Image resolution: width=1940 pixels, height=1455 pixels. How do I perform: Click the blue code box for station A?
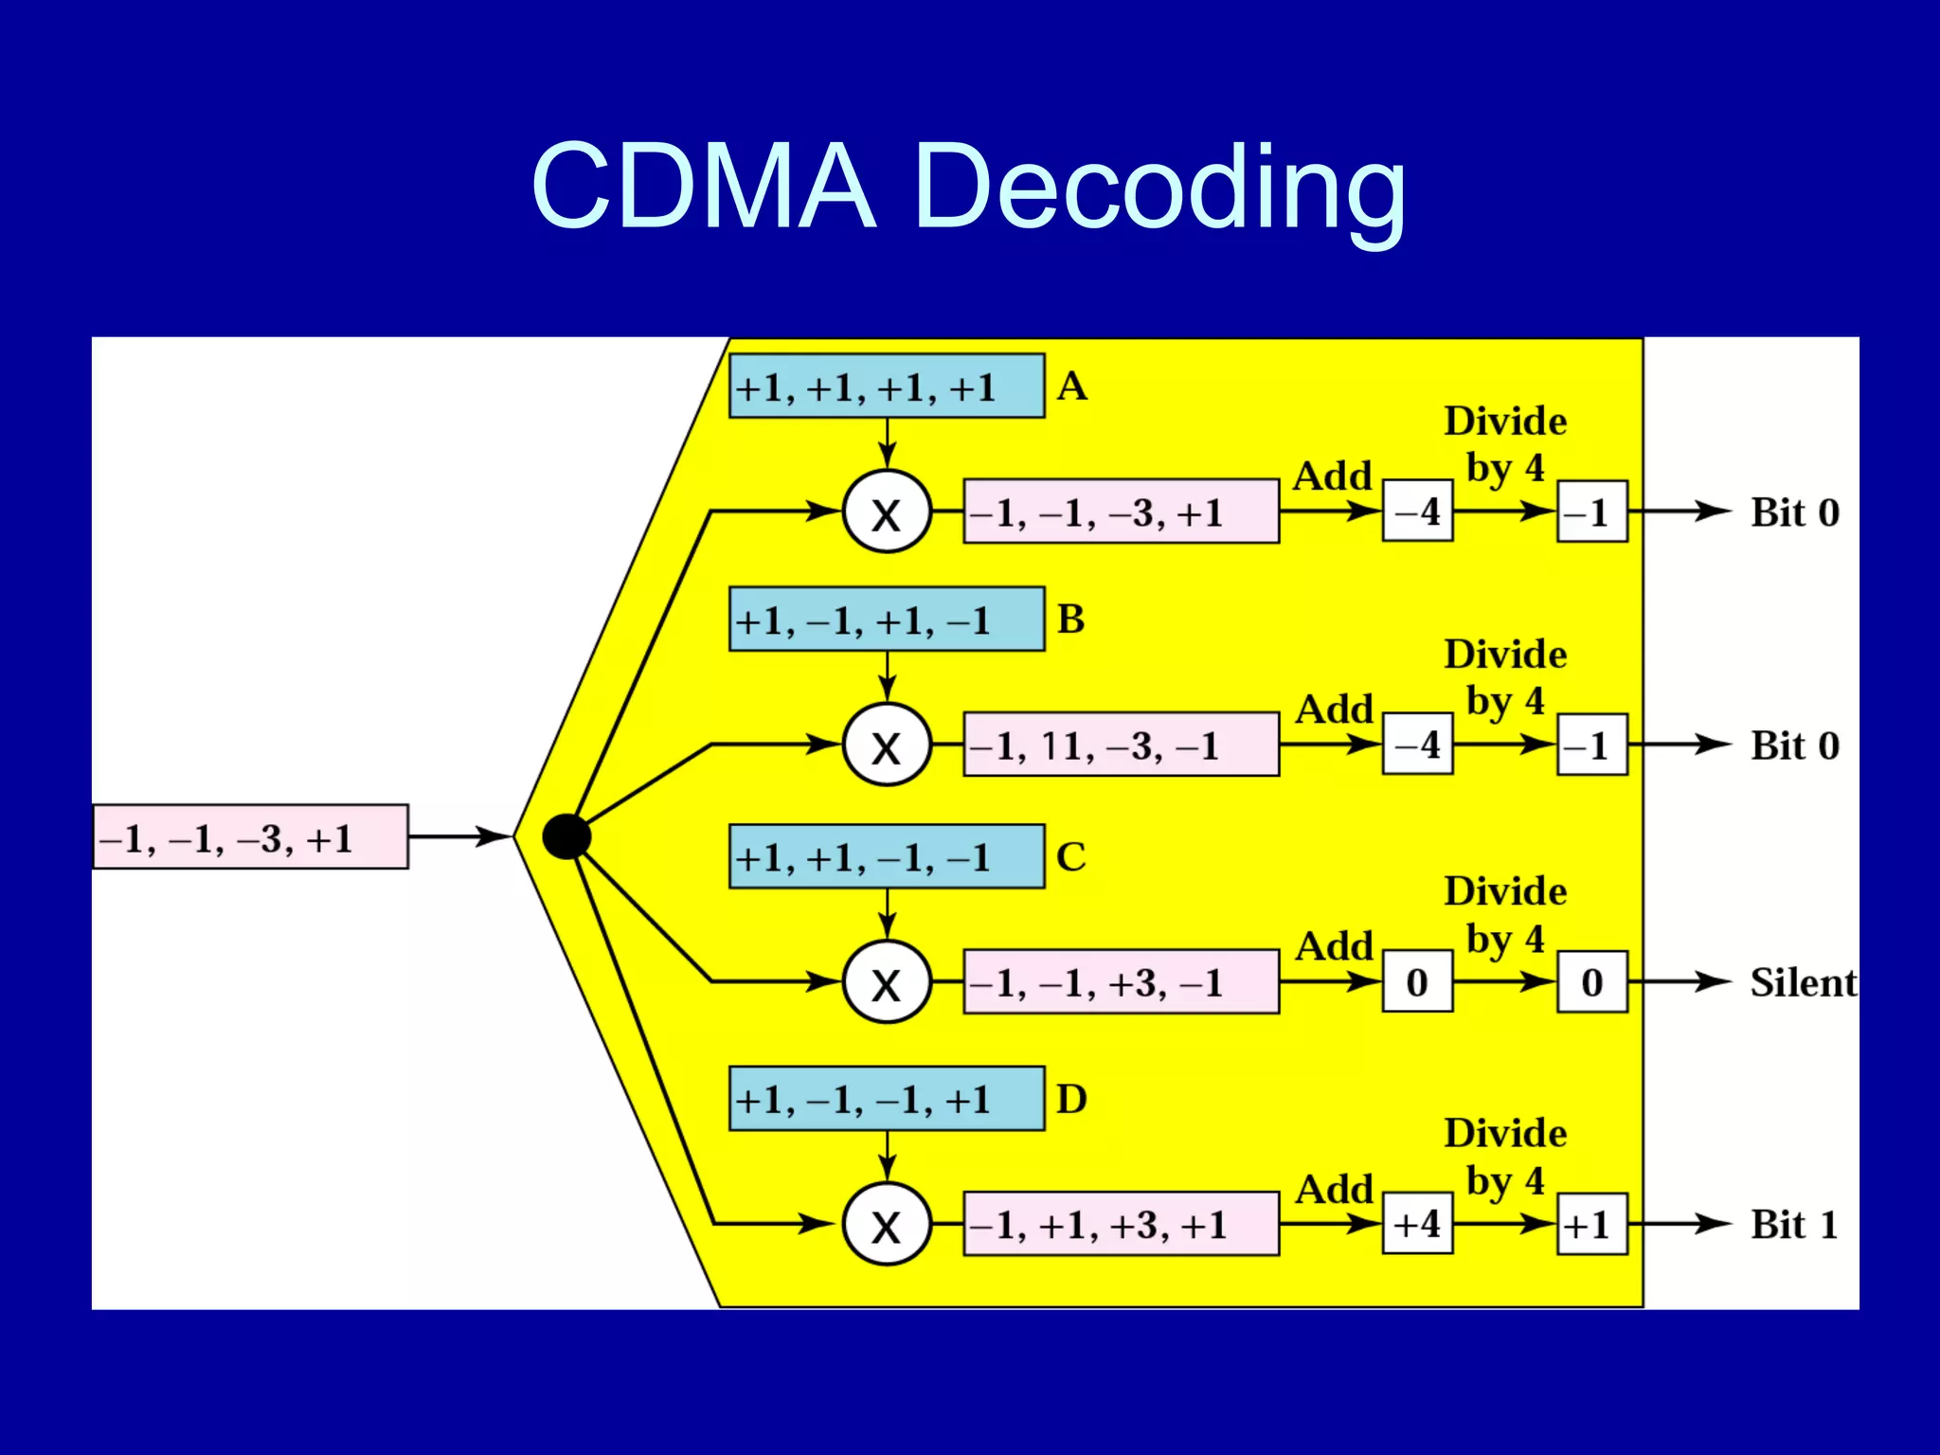pyautogui.click(x=887, y=386)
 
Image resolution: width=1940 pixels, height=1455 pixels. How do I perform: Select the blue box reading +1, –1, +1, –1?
pyautogui.click(x=887, y=620)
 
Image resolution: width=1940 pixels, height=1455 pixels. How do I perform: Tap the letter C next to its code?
pyautogui.click(x=1071, y=857)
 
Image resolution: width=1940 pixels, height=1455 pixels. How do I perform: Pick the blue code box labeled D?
pyautogui.click(x=887, y=1099)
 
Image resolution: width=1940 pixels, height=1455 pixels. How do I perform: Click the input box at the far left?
pyautogui.click(x=251, y=837)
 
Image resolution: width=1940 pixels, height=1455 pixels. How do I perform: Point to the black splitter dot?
pyautogui.click(x=566, y=836)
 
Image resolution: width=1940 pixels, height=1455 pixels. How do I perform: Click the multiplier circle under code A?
pyautogui.click(x=887, y=512)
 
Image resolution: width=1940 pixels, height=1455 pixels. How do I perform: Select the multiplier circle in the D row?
pyautogui.click(x=887, y=1224)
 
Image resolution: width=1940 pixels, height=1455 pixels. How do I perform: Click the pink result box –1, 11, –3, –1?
pyautogui.click(x=1121, y=745)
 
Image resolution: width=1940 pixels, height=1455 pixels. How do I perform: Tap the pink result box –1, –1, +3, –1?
pyautogui.click(x=1121, y=982)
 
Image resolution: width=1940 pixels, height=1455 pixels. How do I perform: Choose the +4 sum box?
pyautogui.click(x=1417, y=1224)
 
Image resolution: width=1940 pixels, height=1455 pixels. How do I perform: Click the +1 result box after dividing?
pyautogui.click(x=1591, y=1224)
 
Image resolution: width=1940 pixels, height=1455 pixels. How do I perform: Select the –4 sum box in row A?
pyautogui.click(x=1417, y=512)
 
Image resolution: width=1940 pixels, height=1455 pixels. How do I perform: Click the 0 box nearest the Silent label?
pyautogui.click(x=1591, y=982)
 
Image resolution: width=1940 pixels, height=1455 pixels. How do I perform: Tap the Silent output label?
pyautogui.click(x=1802, y=982)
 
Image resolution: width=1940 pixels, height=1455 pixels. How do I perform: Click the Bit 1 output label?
pyautogui.click(x=1794, y=1224)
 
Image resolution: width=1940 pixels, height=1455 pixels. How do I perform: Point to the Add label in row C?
pyautogui.click(x=1334, y=946)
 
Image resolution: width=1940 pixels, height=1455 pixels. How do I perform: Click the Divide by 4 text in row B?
pyautogui.click(x=1504, y=677)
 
